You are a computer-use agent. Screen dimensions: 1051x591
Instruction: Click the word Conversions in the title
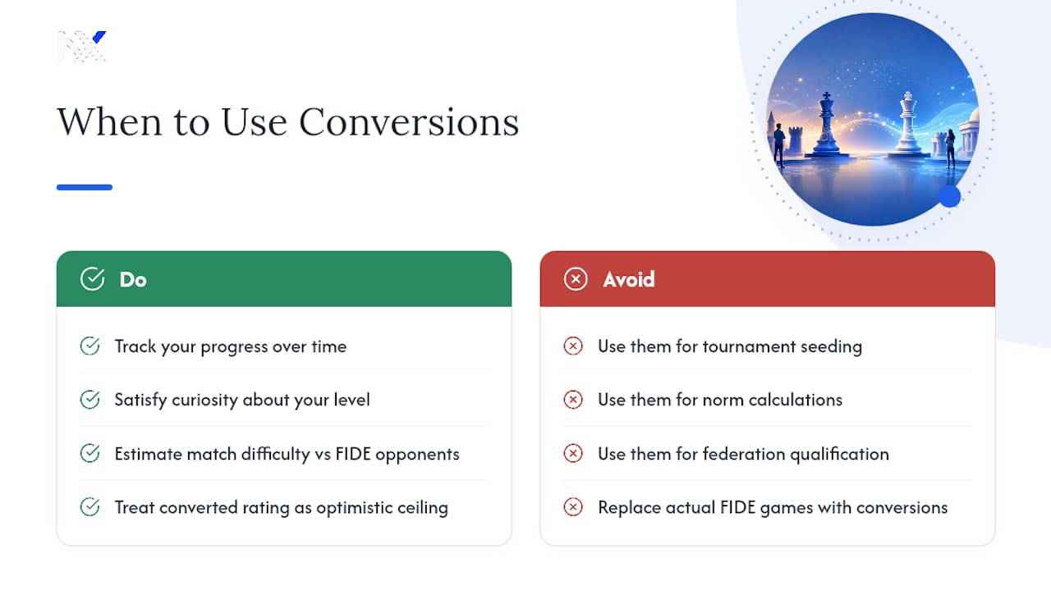click(409, 122)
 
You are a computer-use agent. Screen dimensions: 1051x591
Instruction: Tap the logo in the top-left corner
click(82, 47)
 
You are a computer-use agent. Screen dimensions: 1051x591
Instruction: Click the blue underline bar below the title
click(85, 187)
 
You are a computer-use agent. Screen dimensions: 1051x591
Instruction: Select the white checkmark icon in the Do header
click(92, 279)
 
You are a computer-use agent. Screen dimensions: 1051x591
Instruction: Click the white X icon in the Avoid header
click(576, 279)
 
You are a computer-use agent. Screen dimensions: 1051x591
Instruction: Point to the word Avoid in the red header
click(629, 280)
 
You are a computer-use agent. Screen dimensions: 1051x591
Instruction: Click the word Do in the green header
click(133, 280)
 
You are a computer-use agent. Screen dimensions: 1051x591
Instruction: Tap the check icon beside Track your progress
click(89, 346)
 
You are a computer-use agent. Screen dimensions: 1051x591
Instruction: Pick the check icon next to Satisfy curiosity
click(89, 400)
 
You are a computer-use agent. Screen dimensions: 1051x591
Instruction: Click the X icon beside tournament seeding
click(573, 346)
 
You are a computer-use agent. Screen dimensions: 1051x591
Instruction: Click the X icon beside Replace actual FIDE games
click(573, 507)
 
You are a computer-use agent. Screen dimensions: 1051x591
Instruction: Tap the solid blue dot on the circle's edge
click(950, 196)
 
